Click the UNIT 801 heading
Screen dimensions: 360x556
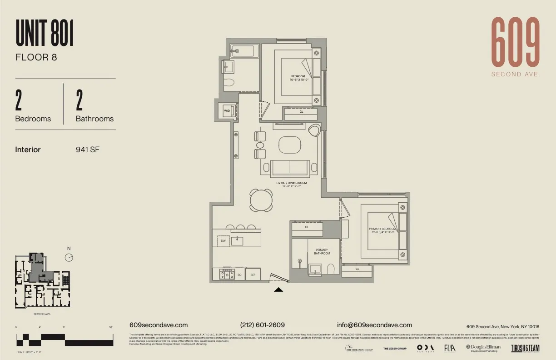45,33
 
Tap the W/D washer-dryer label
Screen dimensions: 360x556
227,110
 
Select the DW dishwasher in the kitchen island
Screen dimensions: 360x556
223,241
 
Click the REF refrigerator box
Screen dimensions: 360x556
253,275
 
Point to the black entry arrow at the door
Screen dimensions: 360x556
278,289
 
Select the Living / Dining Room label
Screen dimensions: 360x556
291,185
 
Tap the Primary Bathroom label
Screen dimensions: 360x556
322,251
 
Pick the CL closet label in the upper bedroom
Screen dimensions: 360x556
301,111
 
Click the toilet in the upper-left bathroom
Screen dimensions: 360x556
228,83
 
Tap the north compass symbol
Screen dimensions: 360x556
69,257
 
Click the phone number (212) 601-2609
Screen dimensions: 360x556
263,325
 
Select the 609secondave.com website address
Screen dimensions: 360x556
159,325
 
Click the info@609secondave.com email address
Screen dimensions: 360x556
374,325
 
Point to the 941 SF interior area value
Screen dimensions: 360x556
87,150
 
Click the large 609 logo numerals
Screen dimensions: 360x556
516,42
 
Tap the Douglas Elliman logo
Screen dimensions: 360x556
483,348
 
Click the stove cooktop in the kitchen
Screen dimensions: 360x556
226,274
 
